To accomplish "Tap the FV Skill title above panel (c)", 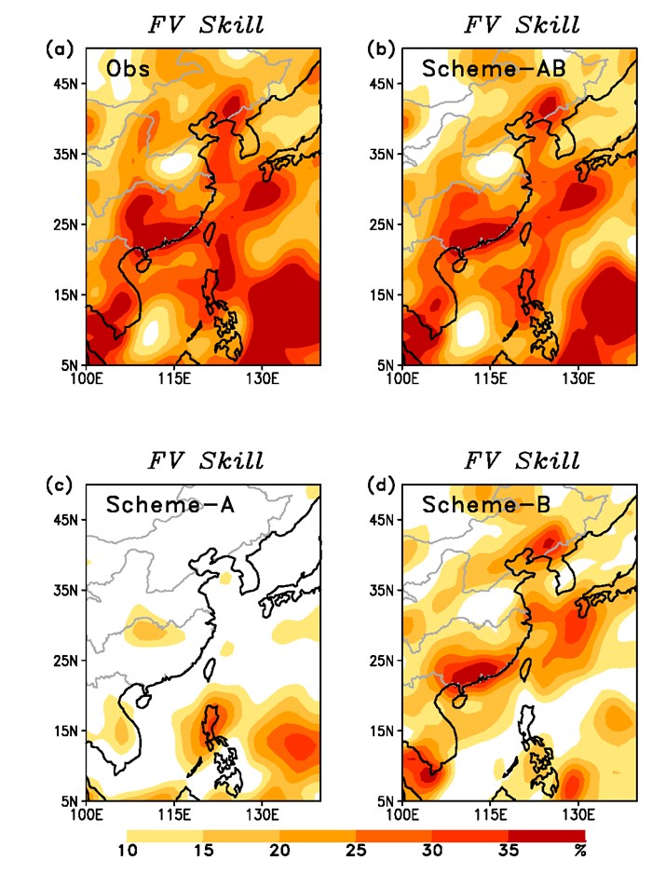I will tap(206, 460).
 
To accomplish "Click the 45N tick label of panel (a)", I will tap(68, 84).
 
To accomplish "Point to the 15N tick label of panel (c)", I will tap(68, 731).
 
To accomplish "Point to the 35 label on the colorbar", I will tap(509, 850).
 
